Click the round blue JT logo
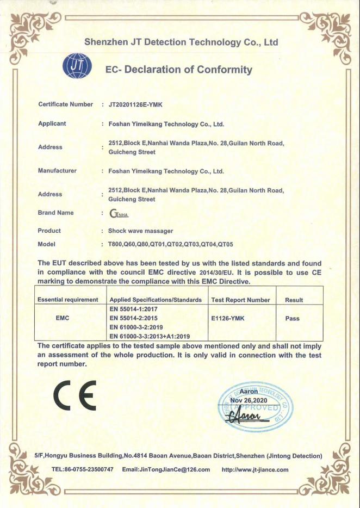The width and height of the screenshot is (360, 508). (x=75, y=68)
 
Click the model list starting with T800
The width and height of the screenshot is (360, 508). (x=171, y=244)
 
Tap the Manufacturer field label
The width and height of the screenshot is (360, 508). (x=57, y=171)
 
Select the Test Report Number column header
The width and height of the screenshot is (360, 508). (x=240, y=300)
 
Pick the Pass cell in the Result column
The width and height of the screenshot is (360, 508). (x=293, y=319)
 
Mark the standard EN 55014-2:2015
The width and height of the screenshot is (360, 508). (x=134, y=319)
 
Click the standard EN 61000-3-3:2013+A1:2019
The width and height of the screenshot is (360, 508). (x=150, y=336)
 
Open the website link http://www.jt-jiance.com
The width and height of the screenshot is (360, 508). (x=256, y=469)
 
